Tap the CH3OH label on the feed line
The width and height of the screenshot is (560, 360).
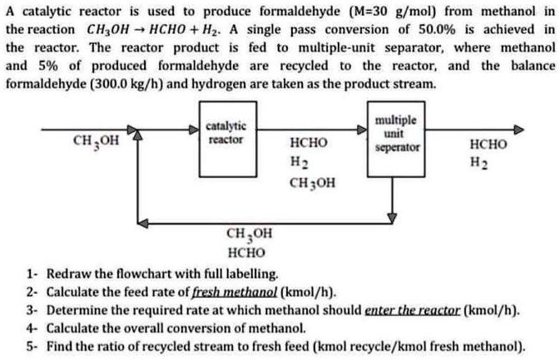tap(96, 141)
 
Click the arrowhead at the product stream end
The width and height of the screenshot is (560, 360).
tap(520, 131)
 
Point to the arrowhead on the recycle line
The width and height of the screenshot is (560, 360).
tap(143, 223)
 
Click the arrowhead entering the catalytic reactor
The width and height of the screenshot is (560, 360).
tap(193, 131)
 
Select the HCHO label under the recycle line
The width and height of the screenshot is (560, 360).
tap(245, 252)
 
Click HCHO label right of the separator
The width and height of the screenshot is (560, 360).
tap(488, 144)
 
